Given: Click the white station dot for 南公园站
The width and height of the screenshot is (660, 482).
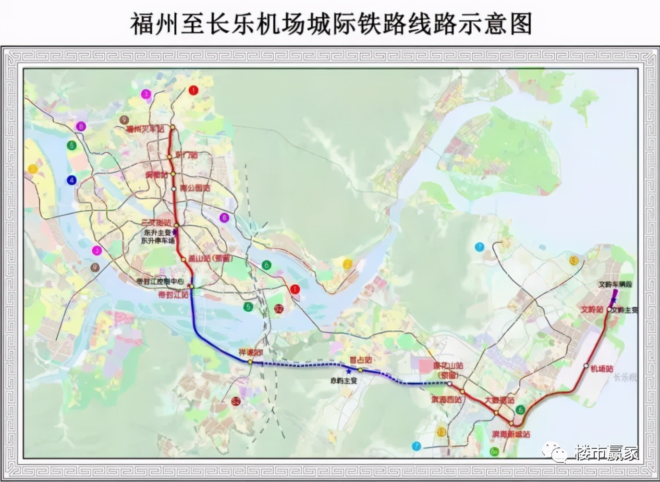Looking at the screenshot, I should (x=174, y=189).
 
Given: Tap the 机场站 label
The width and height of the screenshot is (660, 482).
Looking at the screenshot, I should (x=602, y=369).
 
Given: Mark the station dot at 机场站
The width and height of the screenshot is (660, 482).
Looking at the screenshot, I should (x=586, y=366).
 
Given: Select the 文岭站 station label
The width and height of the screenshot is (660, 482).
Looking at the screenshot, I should (x=592, y=310).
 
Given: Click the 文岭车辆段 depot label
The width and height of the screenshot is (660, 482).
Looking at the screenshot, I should (x=615, y=284).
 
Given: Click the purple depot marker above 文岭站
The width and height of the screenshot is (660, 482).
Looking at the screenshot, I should (x=613, y=300).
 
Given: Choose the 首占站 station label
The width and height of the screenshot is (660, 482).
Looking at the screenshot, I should (x=361, y=360).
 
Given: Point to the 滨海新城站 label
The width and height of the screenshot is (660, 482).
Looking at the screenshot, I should (x=511, y=434).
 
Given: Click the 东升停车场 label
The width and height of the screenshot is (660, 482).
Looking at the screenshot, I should (x=158, y=241).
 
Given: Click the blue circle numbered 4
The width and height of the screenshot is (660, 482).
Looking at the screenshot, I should (x=72, y=181).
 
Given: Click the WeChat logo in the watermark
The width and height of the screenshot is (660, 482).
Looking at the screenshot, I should (x=557, y=452).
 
